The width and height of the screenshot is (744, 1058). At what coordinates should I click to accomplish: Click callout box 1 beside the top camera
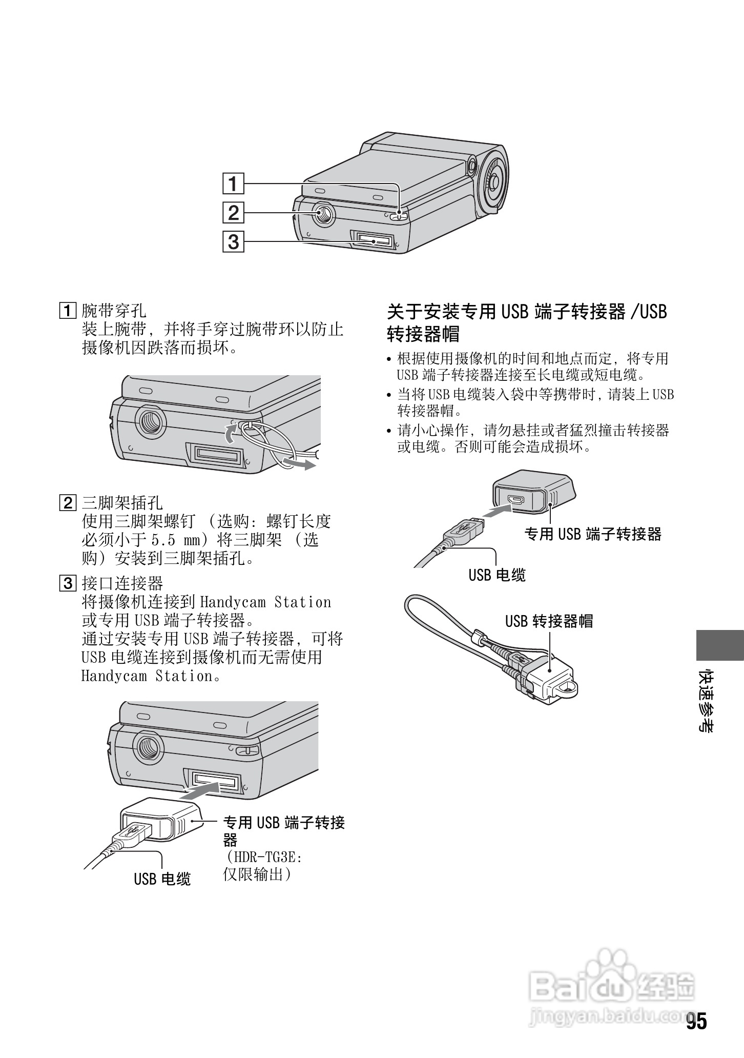pos(233,183)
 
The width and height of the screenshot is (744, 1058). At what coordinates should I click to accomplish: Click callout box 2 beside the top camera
pos(233,212)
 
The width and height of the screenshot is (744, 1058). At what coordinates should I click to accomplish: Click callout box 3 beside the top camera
pos(233,241)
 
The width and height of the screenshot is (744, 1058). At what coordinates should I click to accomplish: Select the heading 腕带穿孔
pos(114,310)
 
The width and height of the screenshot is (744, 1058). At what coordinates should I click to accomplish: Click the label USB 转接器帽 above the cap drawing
pos(549,621)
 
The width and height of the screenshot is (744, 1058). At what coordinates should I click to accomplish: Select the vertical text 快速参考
pos(707,700)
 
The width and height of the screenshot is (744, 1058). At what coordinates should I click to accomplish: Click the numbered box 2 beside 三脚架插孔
pos(68,503)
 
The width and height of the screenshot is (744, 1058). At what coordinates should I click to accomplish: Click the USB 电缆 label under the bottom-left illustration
pos(162,879)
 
